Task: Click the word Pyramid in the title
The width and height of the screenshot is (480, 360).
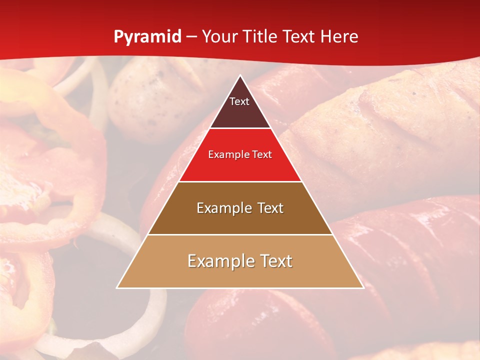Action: (147, 37)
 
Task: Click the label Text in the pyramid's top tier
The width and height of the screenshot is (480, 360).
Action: (239, 101)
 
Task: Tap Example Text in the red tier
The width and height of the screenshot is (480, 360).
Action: (240, 154)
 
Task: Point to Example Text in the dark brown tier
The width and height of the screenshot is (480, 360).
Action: (240, 208)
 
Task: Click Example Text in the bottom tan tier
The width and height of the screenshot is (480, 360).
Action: (240, 261)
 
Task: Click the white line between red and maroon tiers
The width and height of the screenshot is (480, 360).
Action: (240, 128)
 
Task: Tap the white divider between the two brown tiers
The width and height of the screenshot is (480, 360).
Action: (240, 234)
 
